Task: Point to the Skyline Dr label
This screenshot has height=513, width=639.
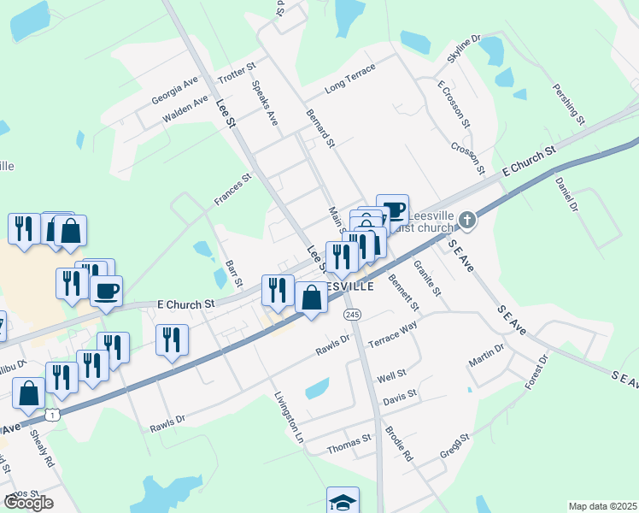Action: pos(465,49)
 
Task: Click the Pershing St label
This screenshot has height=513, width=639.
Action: pos(567,103)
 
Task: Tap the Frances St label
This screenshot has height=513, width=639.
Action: pos(233,191)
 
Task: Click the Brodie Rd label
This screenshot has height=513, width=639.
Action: pos(398,444)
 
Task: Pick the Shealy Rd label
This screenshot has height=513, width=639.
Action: pos(43,448)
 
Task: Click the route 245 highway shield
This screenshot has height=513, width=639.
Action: pos(353,315)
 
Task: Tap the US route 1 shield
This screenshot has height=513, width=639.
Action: pos(54,415)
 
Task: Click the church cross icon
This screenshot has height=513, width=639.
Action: pos(466,221)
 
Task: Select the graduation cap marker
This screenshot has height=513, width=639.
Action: pos(343,501)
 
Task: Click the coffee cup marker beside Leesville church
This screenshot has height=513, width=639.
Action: pos(393,209)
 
